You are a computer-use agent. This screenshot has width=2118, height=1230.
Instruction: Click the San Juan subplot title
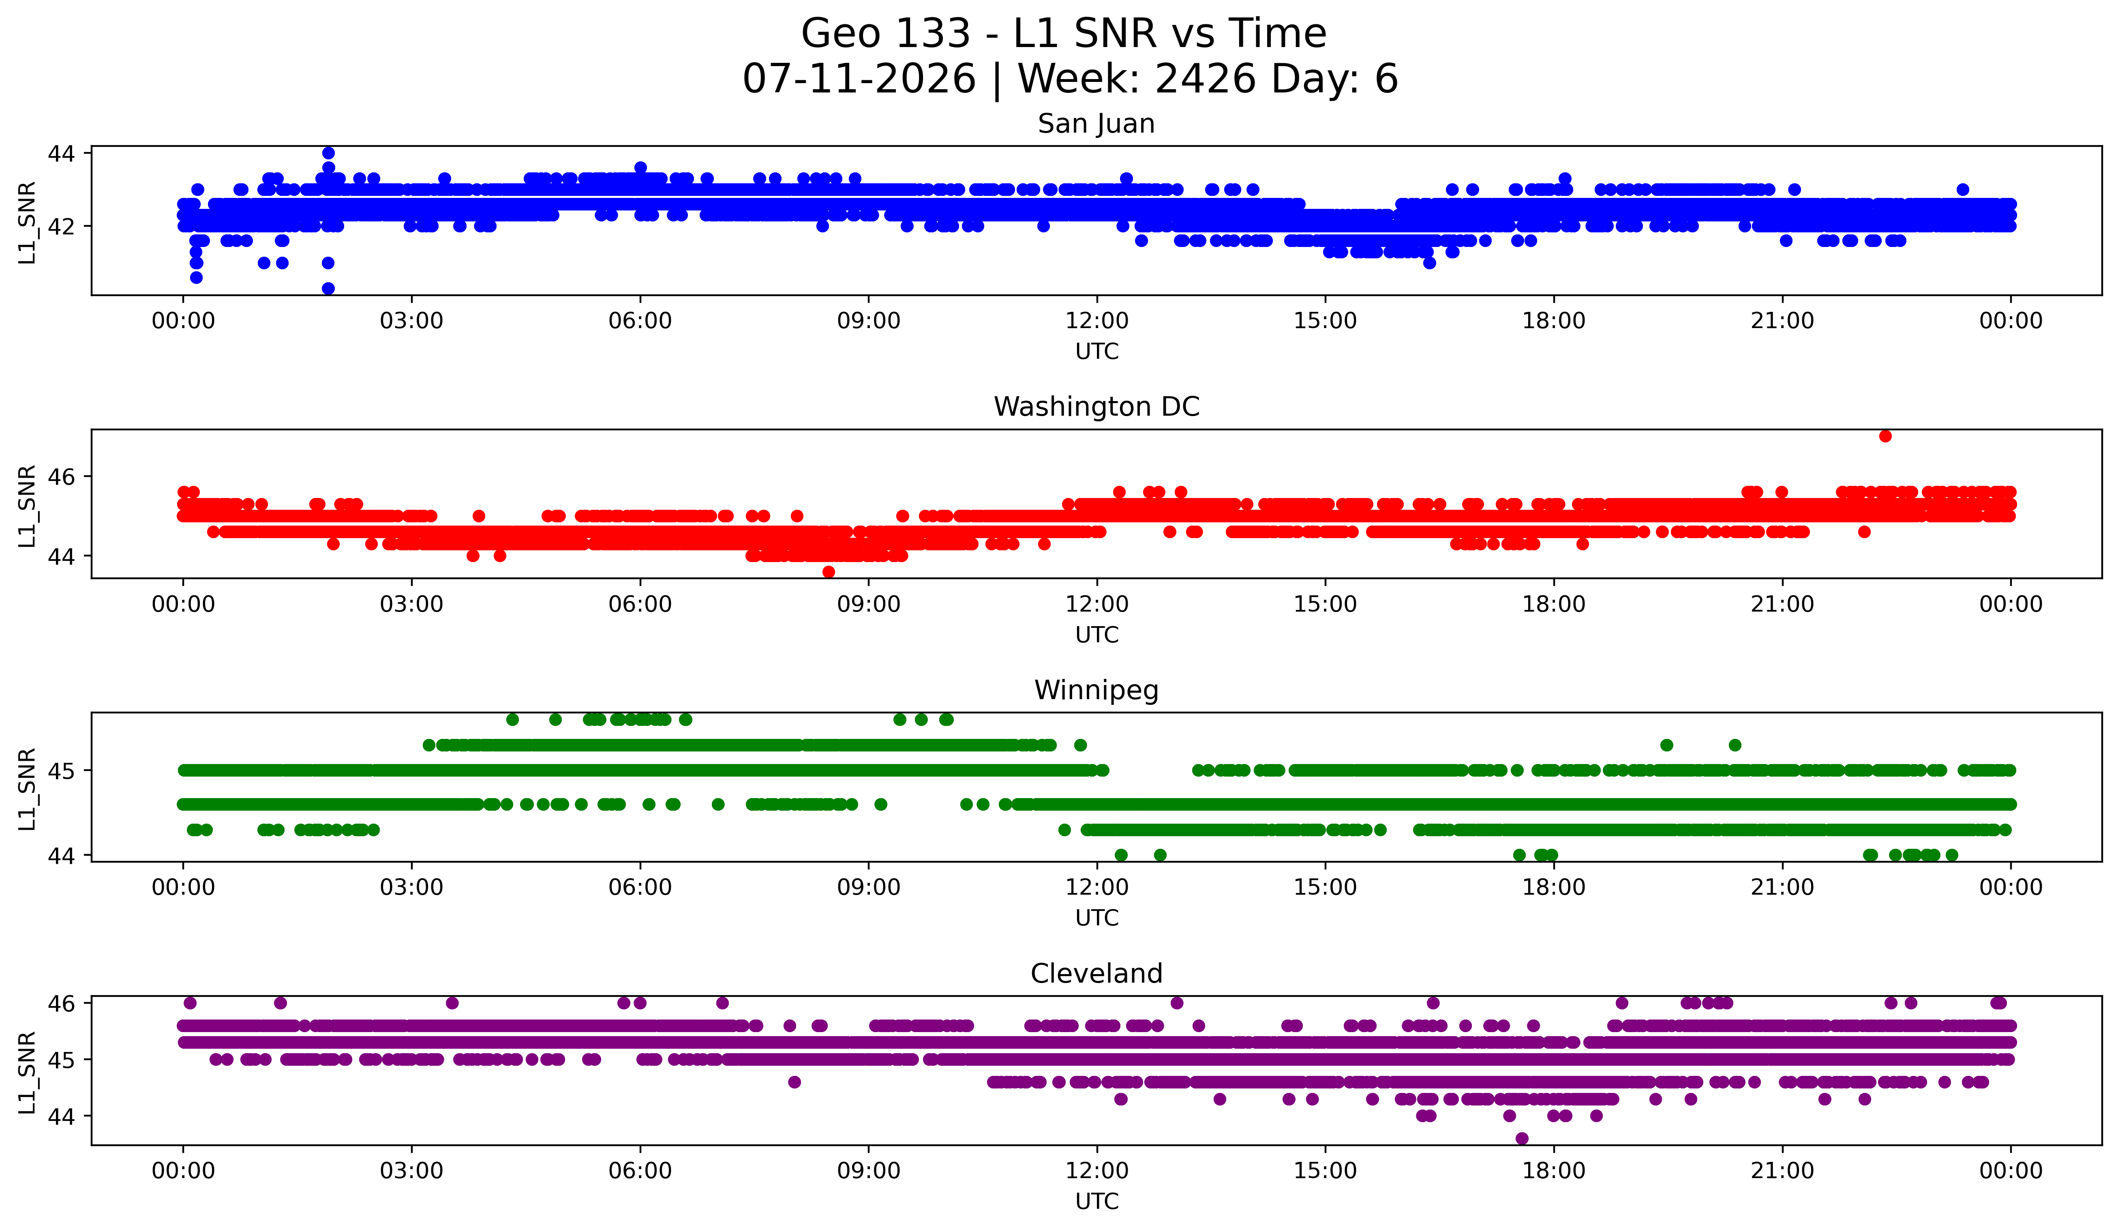point(1096,124)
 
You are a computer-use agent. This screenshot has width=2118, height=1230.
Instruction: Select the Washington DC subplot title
point(1096,407)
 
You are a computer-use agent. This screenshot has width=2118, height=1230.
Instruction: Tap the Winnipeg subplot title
point(1096,690)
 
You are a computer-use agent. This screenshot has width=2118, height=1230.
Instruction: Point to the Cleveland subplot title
point(1096,974)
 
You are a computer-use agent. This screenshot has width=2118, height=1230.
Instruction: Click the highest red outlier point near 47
point(1885,436)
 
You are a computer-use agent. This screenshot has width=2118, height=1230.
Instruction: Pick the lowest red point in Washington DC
point(829,572)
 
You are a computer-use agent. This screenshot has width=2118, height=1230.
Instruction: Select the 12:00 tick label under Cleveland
point(1097,1170)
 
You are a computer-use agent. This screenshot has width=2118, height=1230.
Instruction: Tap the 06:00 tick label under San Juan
point(640,320)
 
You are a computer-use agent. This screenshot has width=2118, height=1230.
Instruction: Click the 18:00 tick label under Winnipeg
point(1554,887)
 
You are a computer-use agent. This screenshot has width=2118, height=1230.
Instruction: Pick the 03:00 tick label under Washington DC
point(412,604)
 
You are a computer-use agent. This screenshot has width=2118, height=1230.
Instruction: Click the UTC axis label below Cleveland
point(1097,1202)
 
